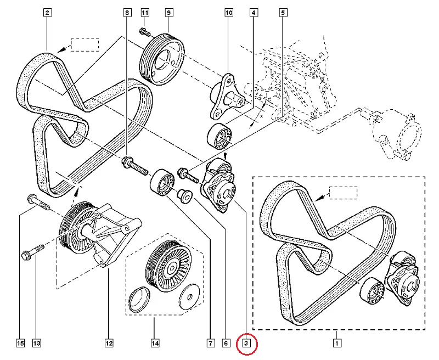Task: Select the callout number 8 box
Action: [x=127, y=13]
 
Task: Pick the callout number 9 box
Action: [x=168, y=13]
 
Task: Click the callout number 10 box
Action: [x=229, y=13]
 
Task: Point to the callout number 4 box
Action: [x=254, y=13]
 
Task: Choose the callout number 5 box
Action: [x=283, y=13]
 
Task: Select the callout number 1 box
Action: [x=336, y=344]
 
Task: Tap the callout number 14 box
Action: [x=155, y=344]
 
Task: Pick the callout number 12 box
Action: [x=109, y=344]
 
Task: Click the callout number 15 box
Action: [x=20, y=344]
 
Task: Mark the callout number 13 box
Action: [x=37, y=344]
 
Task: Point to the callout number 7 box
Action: [x=210, y=344]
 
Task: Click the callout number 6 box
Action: [x=225, y=344]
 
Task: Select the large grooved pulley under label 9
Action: [x=162, y=59]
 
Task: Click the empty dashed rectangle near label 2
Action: [x=85, y=44]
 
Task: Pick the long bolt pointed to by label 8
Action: [x=137, y=165]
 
